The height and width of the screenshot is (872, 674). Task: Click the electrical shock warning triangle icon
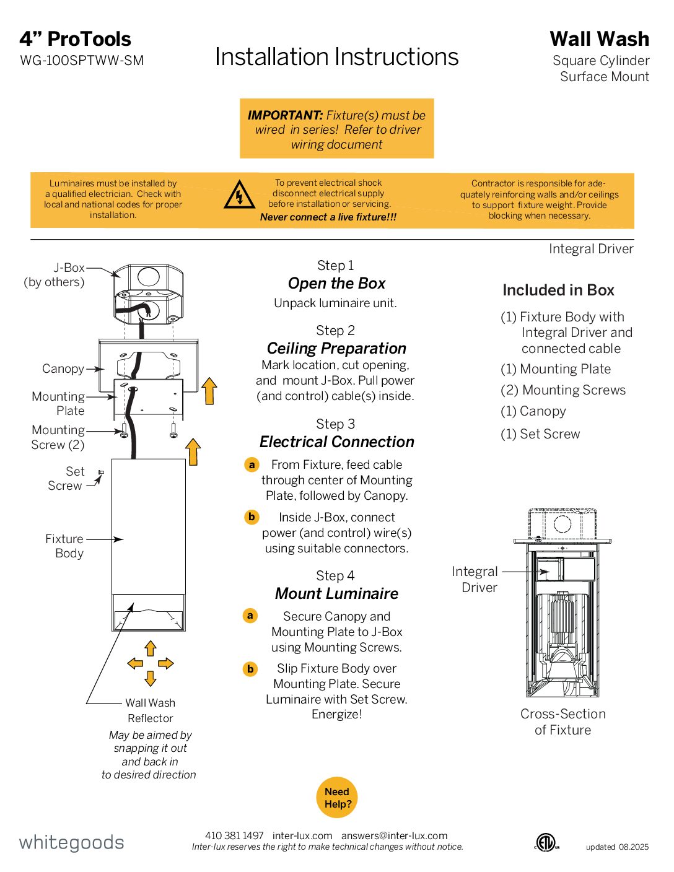pyautogui.click(x=239, y=194)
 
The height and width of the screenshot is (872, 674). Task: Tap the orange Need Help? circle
pyautogui.click(x=337, y=798)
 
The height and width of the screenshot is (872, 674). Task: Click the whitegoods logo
pyautogui.click(x=71, y=842)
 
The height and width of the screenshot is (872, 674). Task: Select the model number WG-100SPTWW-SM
pyautogui.click(x=82, y=61)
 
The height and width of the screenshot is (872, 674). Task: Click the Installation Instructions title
pyautogui.click(x=336, y=57)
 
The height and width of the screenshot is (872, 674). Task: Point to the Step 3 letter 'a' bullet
pyautogui.click(x=252, y=464)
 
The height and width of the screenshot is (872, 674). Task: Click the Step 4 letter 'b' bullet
pyautogui.click(x=250, y=669)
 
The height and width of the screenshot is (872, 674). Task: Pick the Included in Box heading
pyautogui.click(x=558, y=290)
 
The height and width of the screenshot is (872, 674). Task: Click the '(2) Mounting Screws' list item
pyautogui.click(x=563, y=390)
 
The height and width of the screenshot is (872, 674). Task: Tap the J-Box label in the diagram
pyautogui.click(x=69, y=268)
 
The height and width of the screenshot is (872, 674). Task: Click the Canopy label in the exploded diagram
pyautogui.click(x=63, y=368)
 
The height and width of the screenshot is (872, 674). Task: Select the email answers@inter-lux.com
pyautogui.click(x=394, y=835)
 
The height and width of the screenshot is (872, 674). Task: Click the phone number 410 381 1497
pyautogui.click(x=234, y=835)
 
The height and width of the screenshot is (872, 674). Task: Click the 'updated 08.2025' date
pyautogui.click(x=617, y=847)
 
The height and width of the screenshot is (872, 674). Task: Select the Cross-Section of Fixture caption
pyautogui.click(x=562, y=722)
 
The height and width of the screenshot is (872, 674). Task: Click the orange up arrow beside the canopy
pyautogui.click(x=209, y=391)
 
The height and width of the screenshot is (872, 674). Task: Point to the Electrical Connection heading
pyautogui.click(x=336, y=442)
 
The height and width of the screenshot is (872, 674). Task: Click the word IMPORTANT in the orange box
pyautogui.click(x=285, y=115)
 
